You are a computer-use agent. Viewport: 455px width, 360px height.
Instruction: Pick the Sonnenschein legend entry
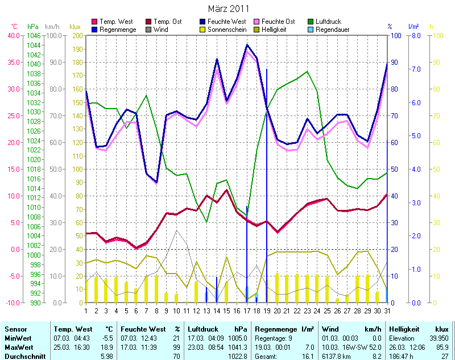pos(222,30)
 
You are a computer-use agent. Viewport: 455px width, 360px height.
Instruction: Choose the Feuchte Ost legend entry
pos(279,22)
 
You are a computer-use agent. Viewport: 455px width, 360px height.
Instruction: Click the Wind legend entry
pos(160,30)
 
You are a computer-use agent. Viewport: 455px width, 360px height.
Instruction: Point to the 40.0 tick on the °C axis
pos(12,35)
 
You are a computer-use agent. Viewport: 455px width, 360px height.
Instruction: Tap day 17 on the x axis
pos(247,311)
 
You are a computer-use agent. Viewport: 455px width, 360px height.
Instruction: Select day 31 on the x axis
pos(387,311)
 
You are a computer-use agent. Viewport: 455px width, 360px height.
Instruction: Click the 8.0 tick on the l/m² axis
pos(415,35)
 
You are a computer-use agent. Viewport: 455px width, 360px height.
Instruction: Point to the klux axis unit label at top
pos(75,27)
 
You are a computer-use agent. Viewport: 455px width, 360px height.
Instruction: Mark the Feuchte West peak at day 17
pos(247,44)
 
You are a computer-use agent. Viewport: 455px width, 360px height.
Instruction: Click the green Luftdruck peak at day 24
pos(307,72)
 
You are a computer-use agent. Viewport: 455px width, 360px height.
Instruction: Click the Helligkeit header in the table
pos(404,329)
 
